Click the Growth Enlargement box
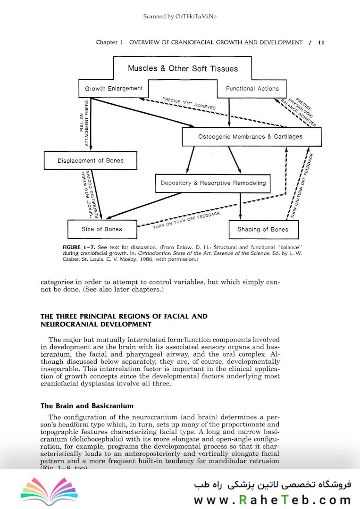click(114, 89)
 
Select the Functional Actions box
click(252, 89)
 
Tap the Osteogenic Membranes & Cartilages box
click(250, 137)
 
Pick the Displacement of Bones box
click(90, 161)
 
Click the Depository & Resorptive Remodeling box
click(213, 183)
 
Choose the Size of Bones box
click(101, 229)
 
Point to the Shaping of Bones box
click(262, 230)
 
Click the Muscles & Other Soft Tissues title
click(183, 68)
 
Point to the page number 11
click(321, 42)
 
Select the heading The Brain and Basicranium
click(87, 406)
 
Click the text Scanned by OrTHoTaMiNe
click(180, 17)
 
